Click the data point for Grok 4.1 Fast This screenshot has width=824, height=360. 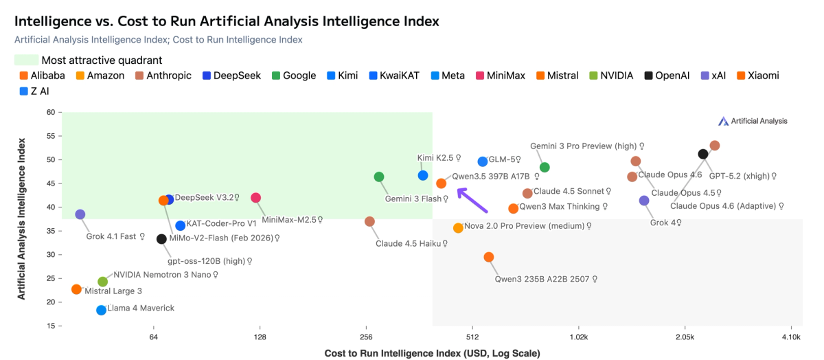point(80,214)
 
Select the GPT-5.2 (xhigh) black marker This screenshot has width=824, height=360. point(703,154)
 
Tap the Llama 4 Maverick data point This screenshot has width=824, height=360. point(102,310)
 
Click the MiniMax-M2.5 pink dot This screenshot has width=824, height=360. point(256,198)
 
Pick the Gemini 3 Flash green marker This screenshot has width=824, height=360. point(379,177)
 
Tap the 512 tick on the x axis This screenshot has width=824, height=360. point(472,337)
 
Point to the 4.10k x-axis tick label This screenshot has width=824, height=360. point(791,337)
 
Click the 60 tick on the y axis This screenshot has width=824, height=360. point(50,112)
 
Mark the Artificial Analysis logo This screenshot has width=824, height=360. point(753,121)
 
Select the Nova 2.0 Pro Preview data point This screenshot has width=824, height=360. point(458,228)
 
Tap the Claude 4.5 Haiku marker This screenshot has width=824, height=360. point(369,221)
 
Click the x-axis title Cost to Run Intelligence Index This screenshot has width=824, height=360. point(432,353)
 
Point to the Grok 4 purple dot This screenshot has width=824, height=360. point(644,201)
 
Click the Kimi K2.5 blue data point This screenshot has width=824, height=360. point(423,176)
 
